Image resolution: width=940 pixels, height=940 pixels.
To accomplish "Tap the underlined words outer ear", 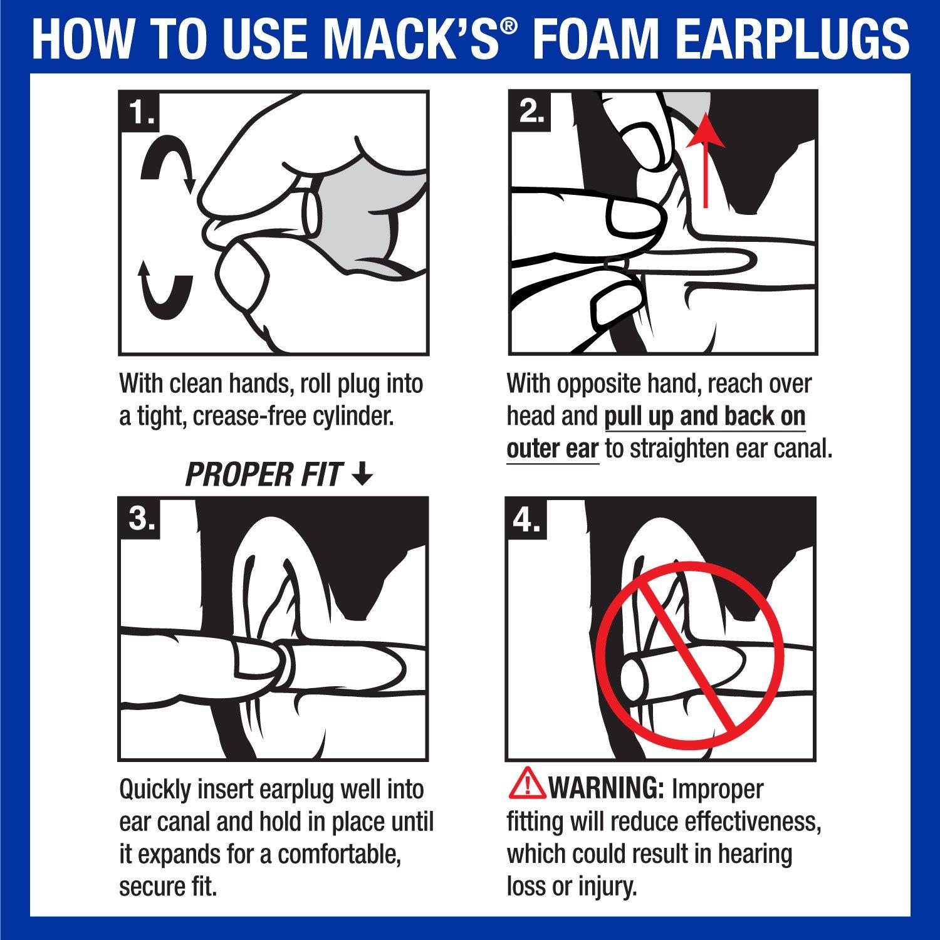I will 552,449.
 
